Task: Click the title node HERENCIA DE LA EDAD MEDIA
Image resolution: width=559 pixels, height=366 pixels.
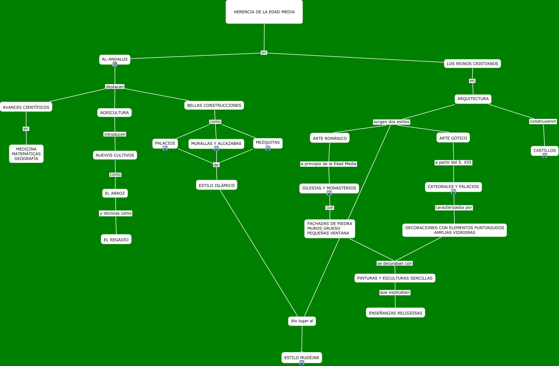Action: (264, 12)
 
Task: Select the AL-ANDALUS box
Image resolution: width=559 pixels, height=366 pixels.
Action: (115, 60)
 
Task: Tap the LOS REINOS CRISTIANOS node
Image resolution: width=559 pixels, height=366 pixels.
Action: (472, 64)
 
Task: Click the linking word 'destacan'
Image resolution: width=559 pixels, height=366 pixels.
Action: (115, 87)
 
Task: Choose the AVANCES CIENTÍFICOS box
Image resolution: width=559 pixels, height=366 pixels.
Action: (26, 107)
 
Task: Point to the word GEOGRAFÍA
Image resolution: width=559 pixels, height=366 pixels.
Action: (26, 159)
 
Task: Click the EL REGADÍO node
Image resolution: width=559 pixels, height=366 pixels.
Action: (116, 239)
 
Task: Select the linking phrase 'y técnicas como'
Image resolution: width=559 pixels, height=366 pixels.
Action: (116, 213)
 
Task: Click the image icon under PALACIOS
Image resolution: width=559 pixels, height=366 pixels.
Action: (165, 148)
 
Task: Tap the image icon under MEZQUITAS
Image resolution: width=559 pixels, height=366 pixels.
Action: (268, 148)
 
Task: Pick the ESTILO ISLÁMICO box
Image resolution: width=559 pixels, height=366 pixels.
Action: (217, 185)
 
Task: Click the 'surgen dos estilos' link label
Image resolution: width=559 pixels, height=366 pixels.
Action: (391, 122)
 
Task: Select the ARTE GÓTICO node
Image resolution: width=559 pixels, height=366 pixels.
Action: (453, 138)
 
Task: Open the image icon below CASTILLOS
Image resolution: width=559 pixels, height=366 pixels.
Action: (545, 155)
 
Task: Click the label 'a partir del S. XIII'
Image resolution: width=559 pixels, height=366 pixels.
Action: (453, 162)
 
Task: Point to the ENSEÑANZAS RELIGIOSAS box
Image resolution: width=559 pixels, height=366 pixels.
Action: (396, 313)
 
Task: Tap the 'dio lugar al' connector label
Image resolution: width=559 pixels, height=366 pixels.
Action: (302, 321)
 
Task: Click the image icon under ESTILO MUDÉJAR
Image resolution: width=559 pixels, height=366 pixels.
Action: (302, 363)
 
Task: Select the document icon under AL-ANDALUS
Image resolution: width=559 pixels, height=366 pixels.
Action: (115, 64)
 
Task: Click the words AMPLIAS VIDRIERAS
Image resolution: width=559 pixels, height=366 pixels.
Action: (455, 233)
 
